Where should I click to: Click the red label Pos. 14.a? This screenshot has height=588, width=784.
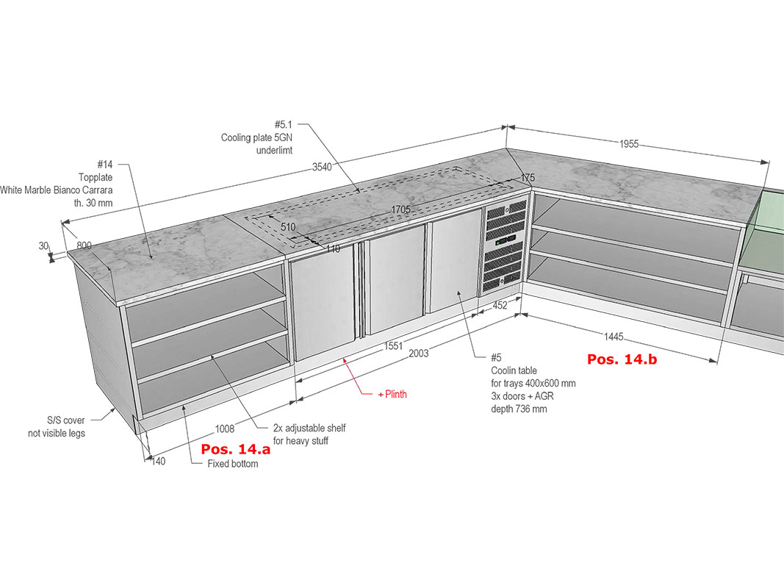(x=236, y=449)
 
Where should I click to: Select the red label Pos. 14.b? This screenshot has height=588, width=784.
(x=622, y=359)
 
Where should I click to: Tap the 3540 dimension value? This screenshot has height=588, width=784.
(x=322, y=167)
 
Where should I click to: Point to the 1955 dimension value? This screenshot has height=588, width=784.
(x=629, y=144)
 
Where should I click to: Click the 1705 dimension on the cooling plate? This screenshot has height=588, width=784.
(x=400, y=209)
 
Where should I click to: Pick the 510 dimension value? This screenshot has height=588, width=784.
(x=288, y=227)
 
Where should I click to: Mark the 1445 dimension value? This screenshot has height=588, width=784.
(x=614, y=337)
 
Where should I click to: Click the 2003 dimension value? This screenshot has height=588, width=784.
(x=419, y=354)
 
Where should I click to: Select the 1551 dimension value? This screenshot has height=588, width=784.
(x=393, y=346)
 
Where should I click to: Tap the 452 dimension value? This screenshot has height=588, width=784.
(x=500, y=305)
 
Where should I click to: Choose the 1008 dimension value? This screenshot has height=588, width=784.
(x=225, y=429)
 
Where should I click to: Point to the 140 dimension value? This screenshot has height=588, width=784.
(x=158, y=462)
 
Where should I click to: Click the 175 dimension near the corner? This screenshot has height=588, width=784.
(x=528, y=177)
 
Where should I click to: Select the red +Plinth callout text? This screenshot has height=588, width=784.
(x=392, y=395)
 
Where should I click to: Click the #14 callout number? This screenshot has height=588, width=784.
(x=105, y=164)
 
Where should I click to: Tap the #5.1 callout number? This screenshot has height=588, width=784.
(x=283, y=124)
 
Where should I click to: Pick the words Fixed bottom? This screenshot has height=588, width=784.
(x=233, y=464)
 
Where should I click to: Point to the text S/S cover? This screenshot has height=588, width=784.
(x=65, y=420)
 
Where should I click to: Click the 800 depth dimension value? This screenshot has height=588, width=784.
(x=84, y=245)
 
